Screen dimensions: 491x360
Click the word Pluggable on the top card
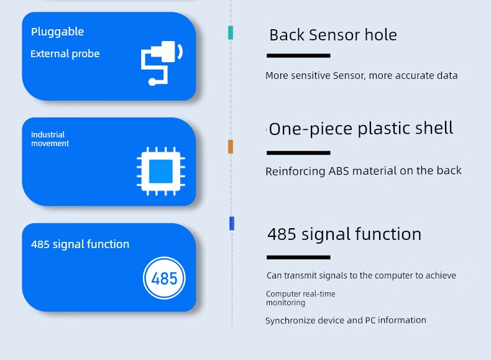pos(57,32)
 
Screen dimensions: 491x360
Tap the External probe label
pos(65,54)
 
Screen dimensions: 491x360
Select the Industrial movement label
pos(50,139)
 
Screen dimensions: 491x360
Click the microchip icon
pos(160,172)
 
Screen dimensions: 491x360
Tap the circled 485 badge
pos(164,278)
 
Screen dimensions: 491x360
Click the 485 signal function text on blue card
pos(80,244)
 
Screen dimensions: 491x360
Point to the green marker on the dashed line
pos(231,32)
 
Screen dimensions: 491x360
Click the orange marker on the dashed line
pos(231,147)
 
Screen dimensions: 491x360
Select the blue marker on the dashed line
pos(232,223)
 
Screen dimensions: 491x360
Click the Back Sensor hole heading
pos(333,35)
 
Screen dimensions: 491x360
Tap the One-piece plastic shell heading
pos(360,129)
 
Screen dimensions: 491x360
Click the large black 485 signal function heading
pos(344,234)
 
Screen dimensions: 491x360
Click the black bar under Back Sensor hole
pos(298,56)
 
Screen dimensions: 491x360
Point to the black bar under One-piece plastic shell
pos(298,153)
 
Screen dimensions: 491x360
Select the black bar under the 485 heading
pos(298,257)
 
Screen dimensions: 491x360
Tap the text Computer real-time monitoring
pos(301,298)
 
